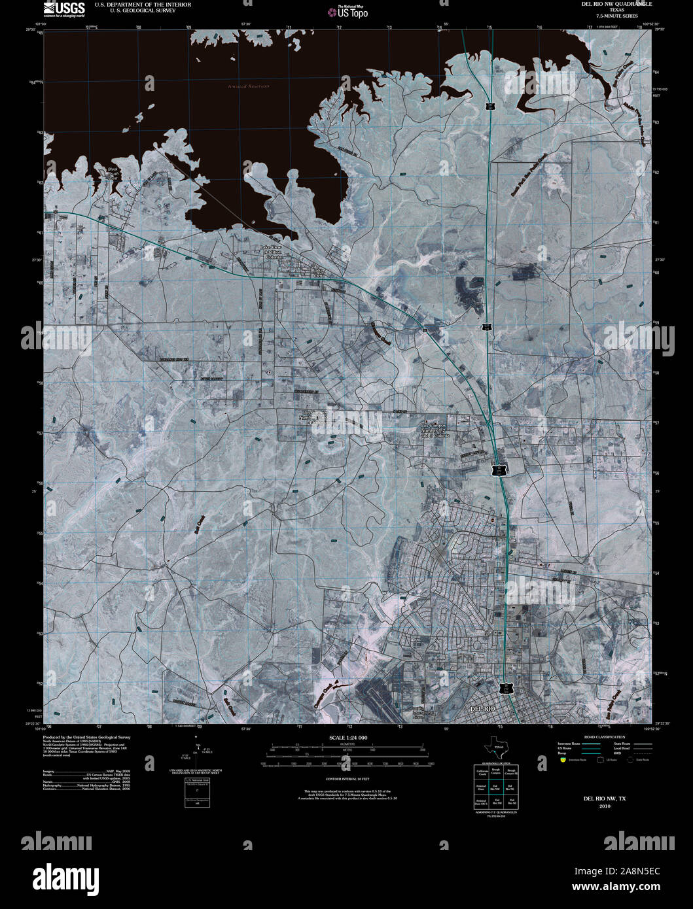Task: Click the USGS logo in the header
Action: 63,9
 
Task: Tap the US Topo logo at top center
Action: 348,12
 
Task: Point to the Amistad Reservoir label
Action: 248,86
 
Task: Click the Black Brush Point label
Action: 112,173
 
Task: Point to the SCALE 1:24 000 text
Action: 347,738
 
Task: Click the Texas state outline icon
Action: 494,746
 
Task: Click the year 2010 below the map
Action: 604,806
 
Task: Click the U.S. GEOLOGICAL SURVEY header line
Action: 135,10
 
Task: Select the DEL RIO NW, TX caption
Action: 604,798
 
